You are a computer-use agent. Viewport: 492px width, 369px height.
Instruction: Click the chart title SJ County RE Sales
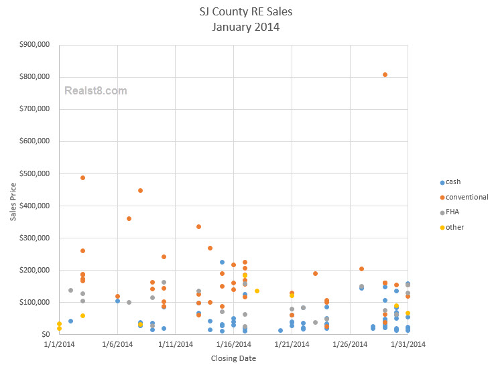coord(246,13)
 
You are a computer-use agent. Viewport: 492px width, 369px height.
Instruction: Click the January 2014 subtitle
coord(246,27)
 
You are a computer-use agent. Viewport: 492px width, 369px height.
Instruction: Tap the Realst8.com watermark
coord(95,90)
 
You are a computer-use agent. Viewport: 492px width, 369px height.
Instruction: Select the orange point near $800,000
coord(385,74)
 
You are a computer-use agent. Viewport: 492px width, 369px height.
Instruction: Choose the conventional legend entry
coord(467,197)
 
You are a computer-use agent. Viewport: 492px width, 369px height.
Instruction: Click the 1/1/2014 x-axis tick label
coord(59,345)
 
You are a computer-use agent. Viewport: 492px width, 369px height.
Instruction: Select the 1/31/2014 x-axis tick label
coord(408,345)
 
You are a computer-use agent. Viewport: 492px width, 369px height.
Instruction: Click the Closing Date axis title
coord(233,358)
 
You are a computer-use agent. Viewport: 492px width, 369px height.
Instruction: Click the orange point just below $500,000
coord(82,177)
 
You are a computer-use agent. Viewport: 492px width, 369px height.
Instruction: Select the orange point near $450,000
coord(140,190)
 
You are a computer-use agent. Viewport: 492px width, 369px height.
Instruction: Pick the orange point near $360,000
coord(129,218)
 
